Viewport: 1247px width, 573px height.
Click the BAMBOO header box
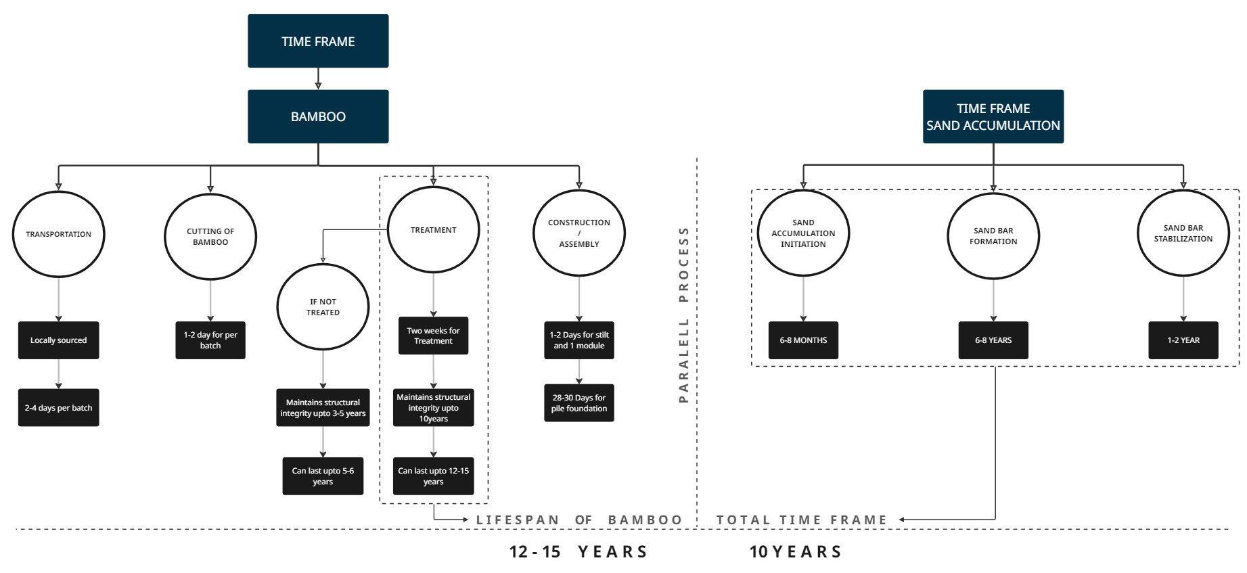[x=318, y=116]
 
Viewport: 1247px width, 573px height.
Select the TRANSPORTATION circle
[x=59, y=234]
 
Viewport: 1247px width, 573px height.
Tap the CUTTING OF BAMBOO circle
[x=210, y=236]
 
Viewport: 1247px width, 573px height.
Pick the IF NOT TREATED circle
[x=323, y=307]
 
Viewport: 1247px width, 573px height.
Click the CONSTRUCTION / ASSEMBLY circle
[x=579, y=233]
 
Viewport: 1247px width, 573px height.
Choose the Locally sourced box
[x=58, y=340]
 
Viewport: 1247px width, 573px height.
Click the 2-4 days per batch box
[x=58, y=408]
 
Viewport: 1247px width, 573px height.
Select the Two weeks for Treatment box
[x=433, y=336]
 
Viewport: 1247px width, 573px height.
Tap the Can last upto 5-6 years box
[x=323, y=476]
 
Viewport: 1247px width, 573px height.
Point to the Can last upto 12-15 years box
[x=433, y=476]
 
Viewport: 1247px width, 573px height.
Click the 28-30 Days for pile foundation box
[x=579, y=403]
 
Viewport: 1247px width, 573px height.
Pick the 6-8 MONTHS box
[x=803, y=340]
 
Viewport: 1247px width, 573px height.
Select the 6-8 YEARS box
[x=993, y=340]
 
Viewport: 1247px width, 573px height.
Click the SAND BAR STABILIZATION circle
[x=1183, y=233]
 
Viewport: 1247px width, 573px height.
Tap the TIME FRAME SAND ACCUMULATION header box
[x=993, y=116]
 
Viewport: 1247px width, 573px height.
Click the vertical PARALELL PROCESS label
[x=683, y=315]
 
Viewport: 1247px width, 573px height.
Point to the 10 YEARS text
[x=796, y=552]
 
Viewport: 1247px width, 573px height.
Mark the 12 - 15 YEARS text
[x=579, y=552]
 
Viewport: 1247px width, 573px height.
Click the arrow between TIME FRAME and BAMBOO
[x=318, y=78]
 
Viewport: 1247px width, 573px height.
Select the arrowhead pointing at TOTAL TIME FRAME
[x=903, y=520]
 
